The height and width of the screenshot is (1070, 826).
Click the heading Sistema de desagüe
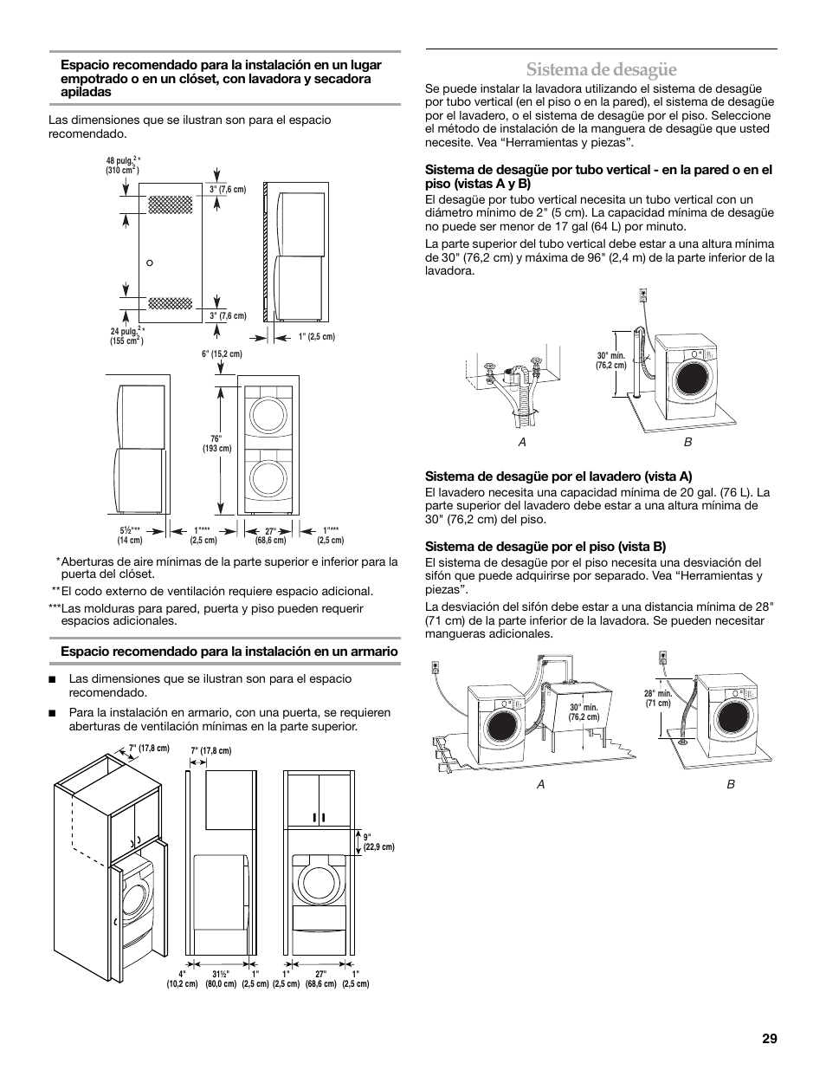click(x=600, y=68)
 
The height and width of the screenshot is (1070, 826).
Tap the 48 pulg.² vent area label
click(x=123, y=165)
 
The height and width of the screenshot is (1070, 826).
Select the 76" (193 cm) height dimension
click(x=216, y=444)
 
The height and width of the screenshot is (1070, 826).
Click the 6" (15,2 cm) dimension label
click(x=223, y=353)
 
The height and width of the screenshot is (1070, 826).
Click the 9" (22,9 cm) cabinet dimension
click(x=378, y=841)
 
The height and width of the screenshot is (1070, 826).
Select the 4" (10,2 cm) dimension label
click(x=184, y=979)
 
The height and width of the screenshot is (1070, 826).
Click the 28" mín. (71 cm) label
click(x=658, y=698)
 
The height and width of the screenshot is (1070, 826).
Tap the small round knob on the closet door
click(x=150, y=262)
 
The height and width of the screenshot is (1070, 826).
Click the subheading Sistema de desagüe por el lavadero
click(x=558, y=476)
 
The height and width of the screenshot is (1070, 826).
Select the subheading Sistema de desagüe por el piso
click(x=545, y=546)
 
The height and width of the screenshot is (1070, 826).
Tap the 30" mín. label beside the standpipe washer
click(x=610, y=360)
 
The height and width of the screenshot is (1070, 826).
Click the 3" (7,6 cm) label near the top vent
click(x=229, y=189)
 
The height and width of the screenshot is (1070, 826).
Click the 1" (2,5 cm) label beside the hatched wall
click(x=316, y=336)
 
